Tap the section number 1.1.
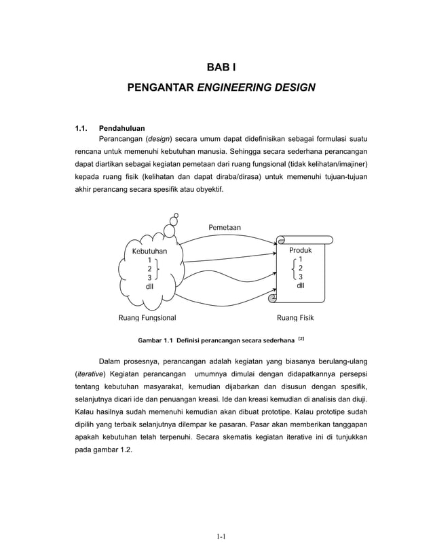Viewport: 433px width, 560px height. (81, 127)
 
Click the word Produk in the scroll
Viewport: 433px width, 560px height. (300, 250)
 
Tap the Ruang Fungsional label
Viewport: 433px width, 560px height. (147, 317)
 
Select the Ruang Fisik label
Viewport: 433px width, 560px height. (300, 317)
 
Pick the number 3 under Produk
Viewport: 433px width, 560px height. (300, 277)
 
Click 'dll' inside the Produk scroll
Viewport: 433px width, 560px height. (300, 285)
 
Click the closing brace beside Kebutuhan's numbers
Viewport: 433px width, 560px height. (158, 269)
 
